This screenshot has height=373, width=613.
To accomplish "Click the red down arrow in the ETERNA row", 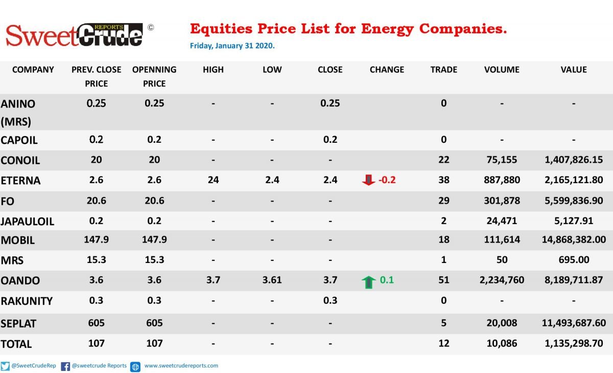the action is coord(368,180).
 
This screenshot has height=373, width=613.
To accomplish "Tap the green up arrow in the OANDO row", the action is coord(368,282).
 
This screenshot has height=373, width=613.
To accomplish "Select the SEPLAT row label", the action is coord(18,324).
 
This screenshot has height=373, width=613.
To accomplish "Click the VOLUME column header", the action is coord(502,70).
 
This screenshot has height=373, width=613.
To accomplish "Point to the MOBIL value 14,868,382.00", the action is coord(574,240).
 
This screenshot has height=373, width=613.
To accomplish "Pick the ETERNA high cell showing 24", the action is coord(213,180).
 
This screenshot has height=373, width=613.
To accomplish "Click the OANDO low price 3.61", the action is coord(272,280).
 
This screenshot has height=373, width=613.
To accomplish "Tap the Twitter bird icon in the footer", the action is coord(5,366).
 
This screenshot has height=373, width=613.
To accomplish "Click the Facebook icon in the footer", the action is coord(65,366).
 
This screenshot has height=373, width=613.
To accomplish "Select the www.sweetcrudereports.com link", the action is coord(181,366).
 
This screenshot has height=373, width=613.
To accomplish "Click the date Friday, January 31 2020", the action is coord(232,46).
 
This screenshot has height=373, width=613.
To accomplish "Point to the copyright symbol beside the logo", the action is coord(151,28).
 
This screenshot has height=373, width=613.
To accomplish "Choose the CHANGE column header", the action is coord(387,70).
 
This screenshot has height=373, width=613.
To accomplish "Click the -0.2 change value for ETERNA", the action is coord(387,180).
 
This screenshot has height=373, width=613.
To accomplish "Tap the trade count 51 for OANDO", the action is coord(443,280).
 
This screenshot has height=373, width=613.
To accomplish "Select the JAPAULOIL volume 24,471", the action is coord(502,221).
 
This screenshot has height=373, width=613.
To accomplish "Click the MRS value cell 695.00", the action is coord(574,260).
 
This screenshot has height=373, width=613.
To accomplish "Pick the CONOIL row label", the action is coord(20,160).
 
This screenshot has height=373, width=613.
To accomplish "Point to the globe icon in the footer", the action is coord(135,367).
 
